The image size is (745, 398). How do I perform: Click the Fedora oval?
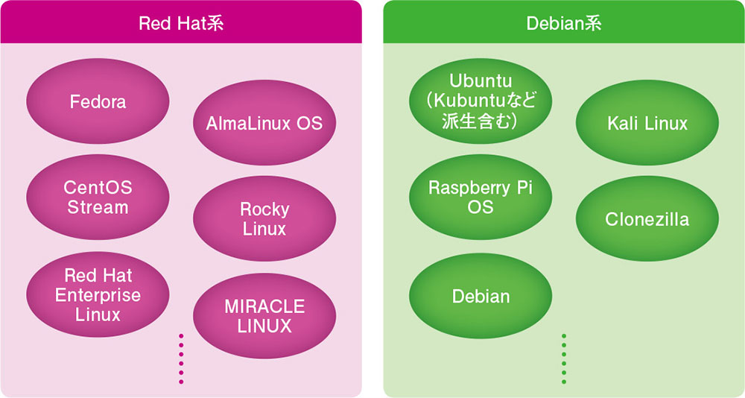(98, 102)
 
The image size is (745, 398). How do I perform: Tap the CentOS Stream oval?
(98, 197)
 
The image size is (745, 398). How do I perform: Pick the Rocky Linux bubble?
(264, 218)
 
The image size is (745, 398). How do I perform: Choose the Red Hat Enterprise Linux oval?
(98, 295)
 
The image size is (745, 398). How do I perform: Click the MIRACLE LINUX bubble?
(264, 316)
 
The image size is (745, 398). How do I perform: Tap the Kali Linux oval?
(647, 123)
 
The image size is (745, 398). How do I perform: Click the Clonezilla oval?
(647, 219)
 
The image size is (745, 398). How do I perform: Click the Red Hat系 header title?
(181, 23)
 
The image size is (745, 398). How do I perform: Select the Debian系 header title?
(564, 23)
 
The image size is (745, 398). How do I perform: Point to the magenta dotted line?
(181, 359)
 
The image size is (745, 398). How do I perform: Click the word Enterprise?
(98, 295)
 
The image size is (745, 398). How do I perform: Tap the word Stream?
(98, 206)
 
